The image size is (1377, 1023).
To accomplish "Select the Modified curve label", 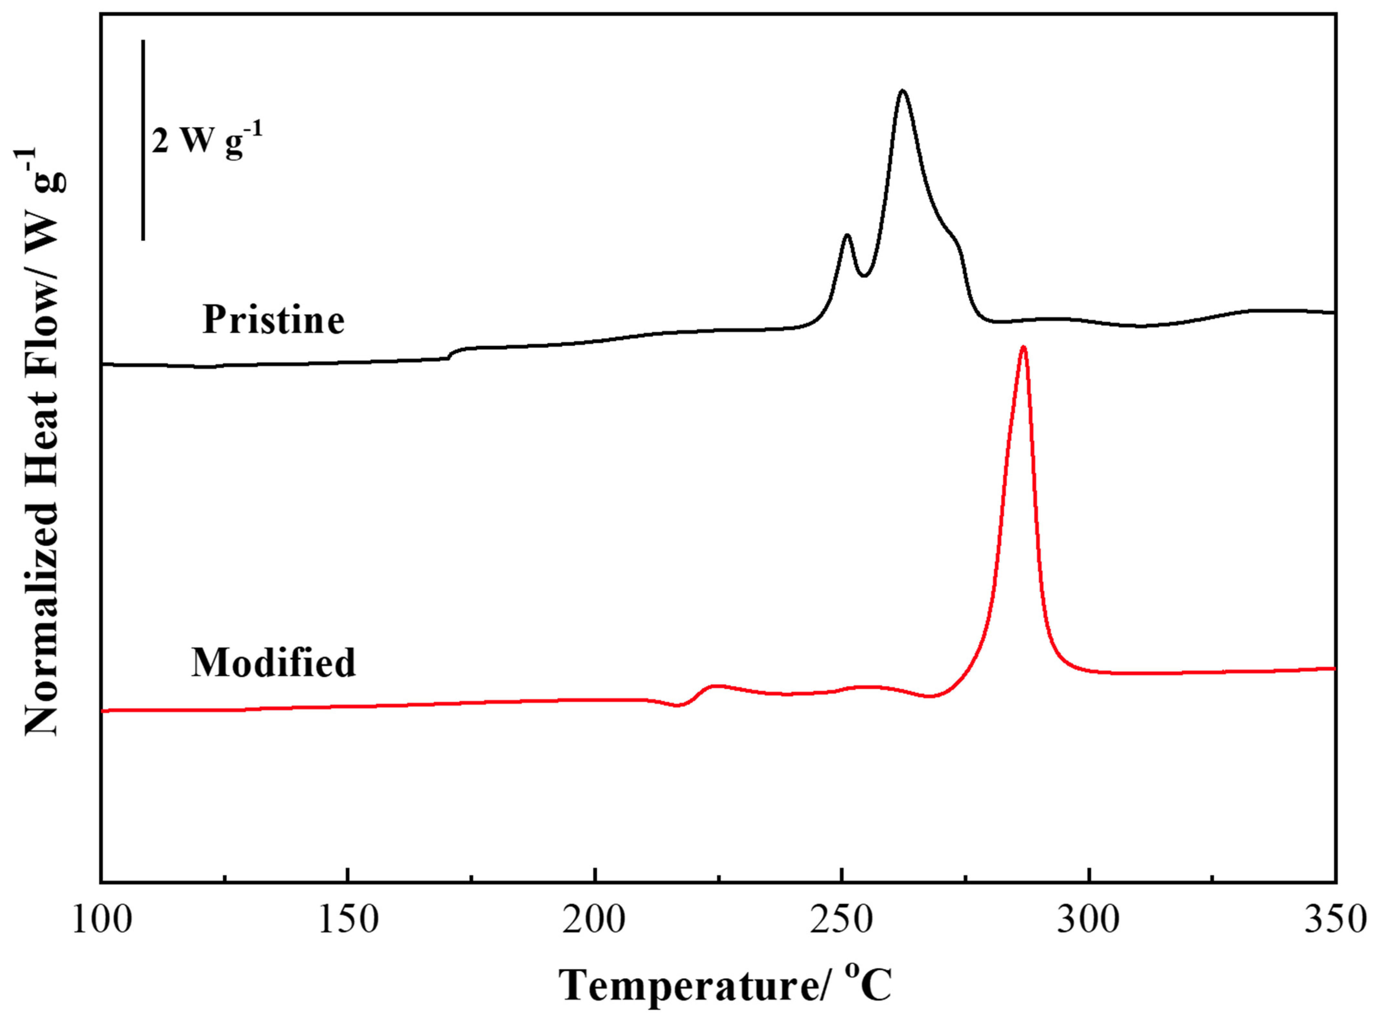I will tap(273, 663).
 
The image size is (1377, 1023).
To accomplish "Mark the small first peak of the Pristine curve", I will tap(847, 235).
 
